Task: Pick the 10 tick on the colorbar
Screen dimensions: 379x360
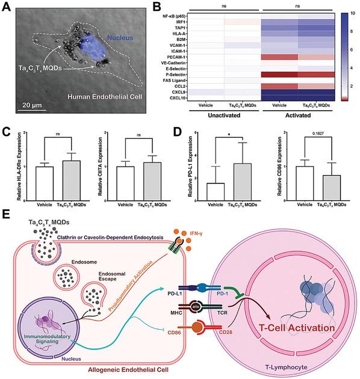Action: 352,11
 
